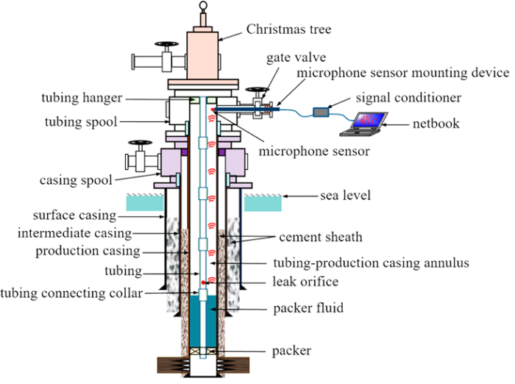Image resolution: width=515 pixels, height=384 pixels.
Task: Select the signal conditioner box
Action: coord(322,113)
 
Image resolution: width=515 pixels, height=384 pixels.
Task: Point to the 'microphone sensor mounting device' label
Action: coord(402,73)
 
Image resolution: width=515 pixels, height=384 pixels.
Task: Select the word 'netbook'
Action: coord(436,123)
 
